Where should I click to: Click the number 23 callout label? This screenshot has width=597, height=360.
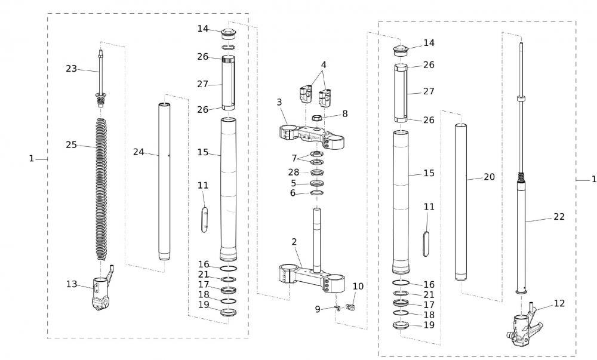coord(72,69)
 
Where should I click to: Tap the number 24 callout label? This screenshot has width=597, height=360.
coord(139,152)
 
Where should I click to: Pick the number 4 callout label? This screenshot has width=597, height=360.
coord(323,64)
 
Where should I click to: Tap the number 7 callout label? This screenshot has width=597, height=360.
coord(294,158)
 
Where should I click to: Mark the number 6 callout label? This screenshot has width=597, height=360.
coord(293,193)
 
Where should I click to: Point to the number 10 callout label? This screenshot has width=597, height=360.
coord(358,286)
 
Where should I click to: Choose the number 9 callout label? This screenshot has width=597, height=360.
coord(318,309)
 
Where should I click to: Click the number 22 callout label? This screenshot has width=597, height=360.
coord(559,217)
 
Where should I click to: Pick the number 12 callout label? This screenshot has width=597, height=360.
coord(559,303)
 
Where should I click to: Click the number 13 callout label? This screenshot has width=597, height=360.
coord(72,284)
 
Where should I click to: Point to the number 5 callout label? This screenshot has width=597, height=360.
coord(293,183)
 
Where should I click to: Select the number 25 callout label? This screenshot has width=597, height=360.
coord(72,145)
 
